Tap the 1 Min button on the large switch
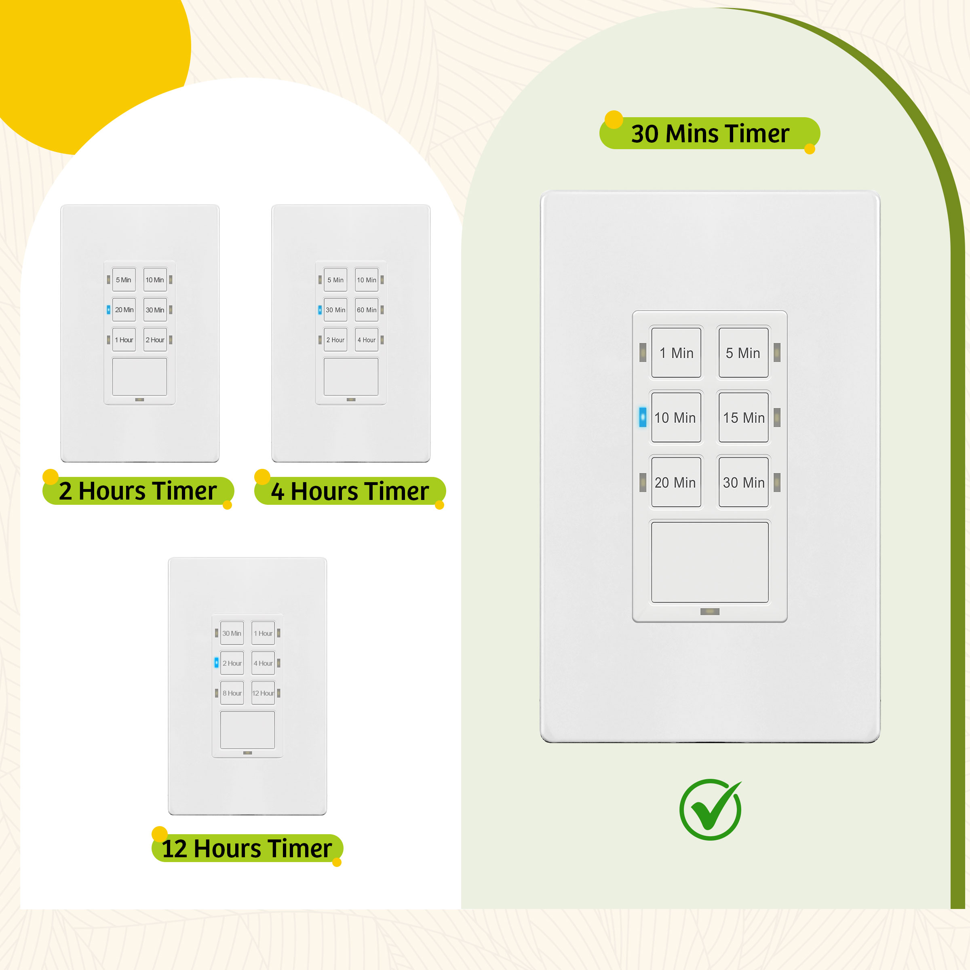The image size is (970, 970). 676,352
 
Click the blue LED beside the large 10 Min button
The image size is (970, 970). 643,417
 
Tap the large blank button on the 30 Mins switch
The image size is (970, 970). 709,562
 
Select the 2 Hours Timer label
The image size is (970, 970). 138,491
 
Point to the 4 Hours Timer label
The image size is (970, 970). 350,491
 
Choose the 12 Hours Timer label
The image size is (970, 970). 247,848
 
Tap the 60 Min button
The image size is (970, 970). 367,310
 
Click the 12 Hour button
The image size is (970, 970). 263,693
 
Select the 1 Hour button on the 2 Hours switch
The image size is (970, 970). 124,340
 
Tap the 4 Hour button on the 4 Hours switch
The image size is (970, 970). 367,340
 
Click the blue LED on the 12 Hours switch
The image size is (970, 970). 216,663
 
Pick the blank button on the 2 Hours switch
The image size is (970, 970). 139,377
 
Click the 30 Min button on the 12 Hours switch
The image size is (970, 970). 232,633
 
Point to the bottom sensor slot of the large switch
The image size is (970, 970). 709,612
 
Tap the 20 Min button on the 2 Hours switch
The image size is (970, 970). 124,310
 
